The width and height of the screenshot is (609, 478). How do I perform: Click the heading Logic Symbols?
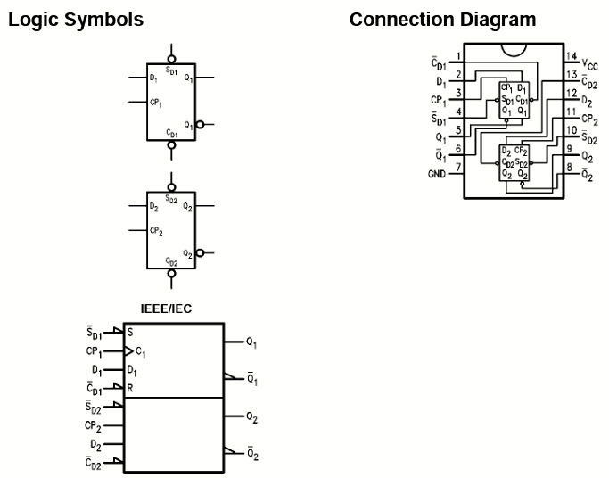click(x=75, y=20)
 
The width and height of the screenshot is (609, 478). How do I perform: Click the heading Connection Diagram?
click(x=442, y=20)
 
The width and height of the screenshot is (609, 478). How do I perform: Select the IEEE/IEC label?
click(x=167, y=309)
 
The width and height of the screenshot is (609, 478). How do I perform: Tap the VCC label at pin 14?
click(x=589, y=64)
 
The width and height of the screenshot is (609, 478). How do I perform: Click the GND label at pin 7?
click(x=436, y=174)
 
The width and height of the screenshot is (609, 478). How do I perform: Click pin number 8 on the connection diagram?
click(x=570, y=167)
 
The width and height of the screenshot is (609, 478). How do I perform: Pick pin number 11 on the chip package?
click(x=571, y=111)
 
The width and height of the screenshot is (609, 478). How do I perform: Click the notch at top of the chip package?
click(x=514, y=49)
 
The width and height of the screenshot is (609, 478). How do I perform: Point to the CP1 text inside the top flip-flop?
click(x=156, y=103)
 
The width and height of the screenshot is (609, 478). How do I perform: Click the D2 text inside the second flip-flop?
click(x=154, y=207)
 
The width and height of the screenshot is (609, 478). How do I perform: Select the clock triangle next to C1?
click(x=130, y=350)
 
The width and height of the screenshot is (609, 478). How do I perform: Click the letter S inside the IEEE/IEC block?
click(x=130, y=332)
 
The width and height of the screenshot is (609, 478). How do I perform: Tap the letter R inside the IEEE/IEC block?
click(x=130, y=388)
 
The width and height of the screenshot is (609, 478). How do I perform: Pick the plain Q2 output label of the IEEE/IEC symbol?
click(x=251, y=417)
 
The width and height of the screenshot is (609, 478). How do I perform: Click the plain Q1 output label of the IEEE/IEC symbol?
click(x=251, y=342)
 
